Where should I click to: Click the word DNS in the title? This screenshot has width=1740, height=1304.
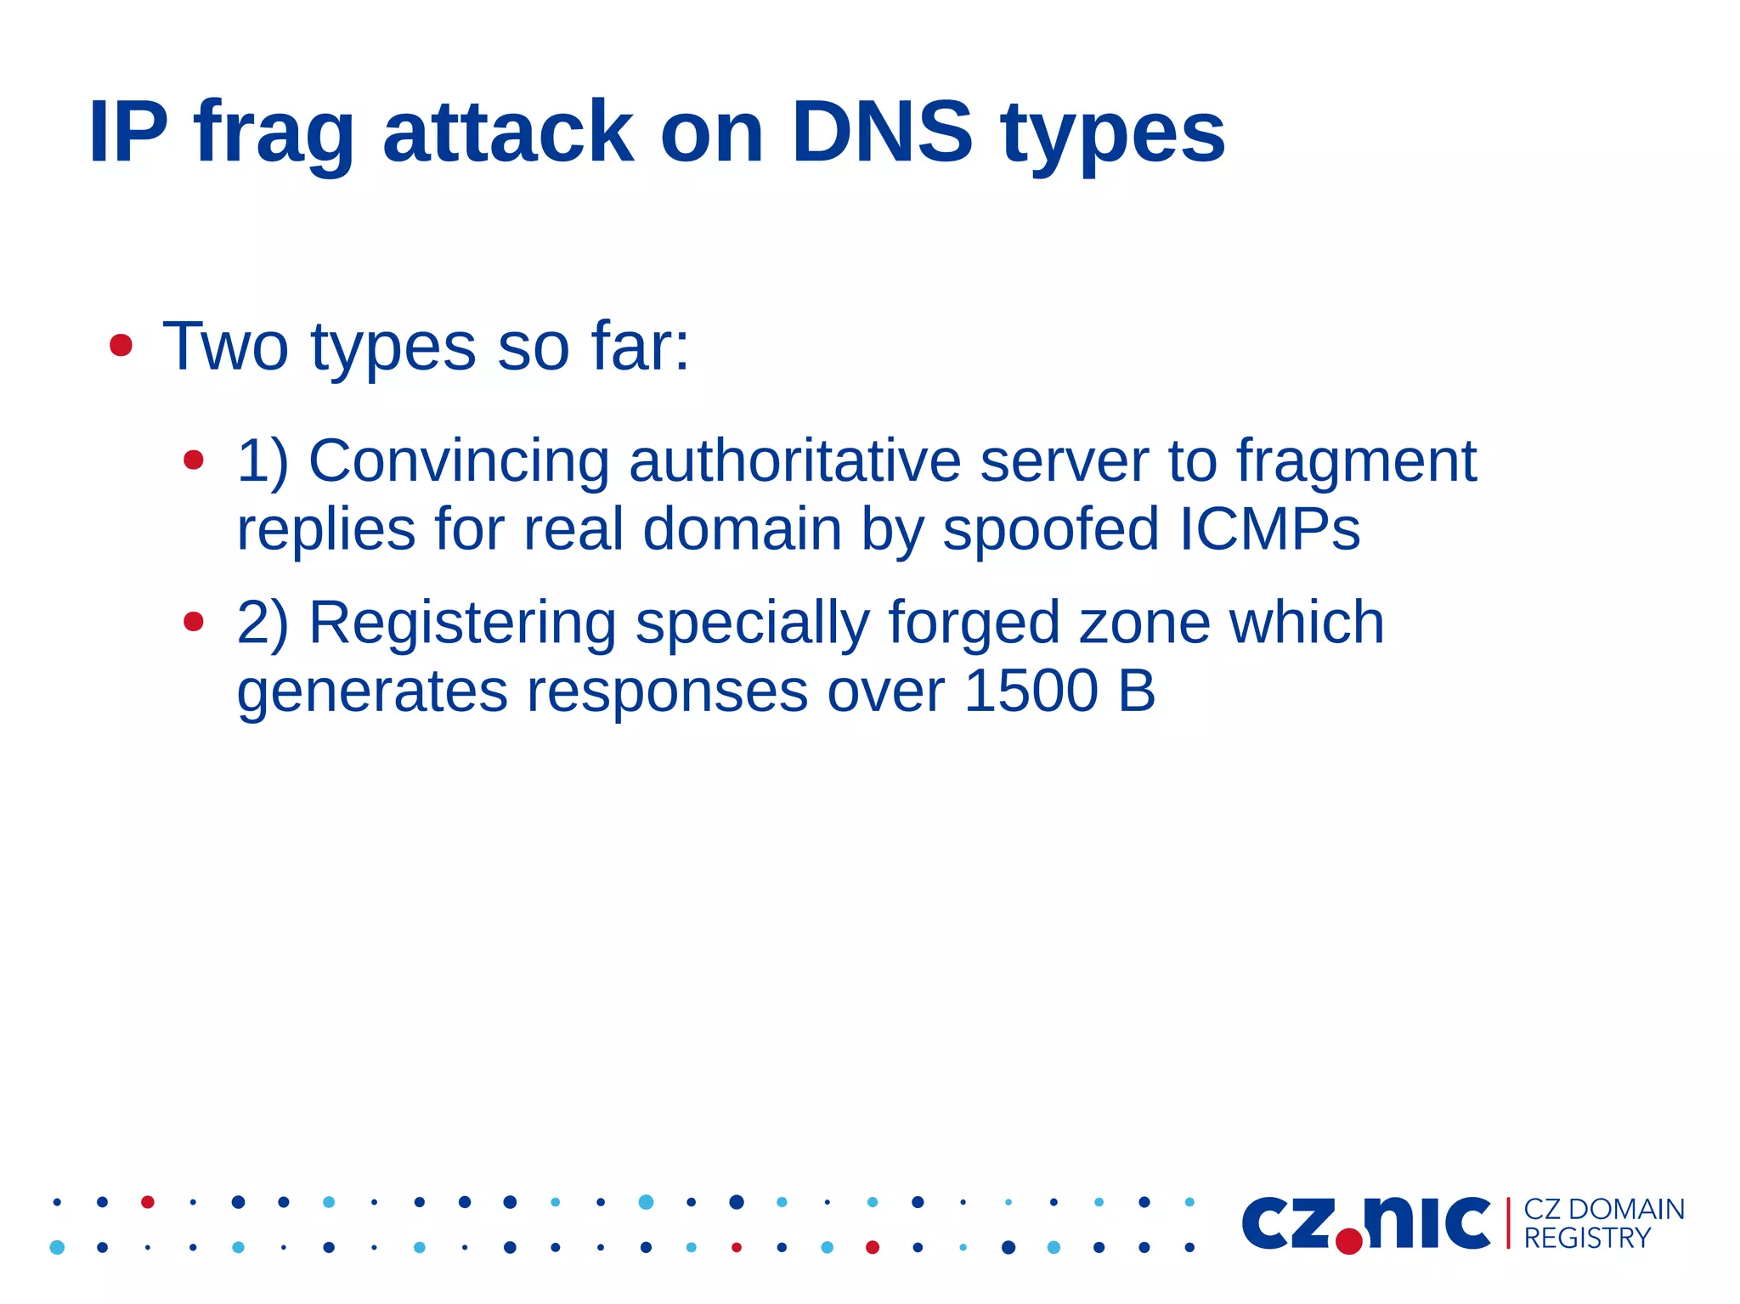point(881,132)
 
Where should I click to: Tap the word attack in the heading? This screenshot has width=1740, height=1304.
point(507,132)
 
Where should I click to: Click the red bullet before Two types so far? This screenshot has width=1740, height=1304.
point(121,346)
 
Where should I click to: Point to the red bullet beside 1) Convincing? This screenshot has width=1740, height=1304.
point(194,460)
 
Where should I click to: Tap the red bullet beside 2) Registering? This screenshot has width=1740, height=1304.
point(194,622)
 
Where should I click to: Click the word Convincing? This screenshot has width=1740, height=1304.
point(459,461)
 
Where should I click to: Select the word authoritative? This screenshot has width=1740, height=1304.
point(794,461)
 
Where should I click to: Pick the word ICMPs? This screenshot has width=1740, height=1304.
point(1269,529)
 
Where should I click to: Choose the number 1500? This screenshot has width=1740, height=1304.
point(1031,691)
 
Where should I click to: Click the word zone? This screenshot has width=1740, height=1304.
point(1144,623)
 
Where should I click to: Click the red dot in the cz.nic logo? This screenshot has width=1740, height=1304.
point(1349,1241)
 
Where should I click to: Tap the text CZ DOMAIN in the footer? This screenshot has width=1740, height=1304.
point(1604,1209)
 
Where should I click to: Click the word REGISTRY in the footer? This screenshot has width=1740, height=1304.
point(1586,1239)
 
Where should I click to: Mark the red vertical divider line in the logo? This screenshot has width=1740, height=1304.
point(1508,1223)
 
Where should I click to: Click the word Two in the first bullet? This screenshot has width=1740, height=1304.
point(225,347)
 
